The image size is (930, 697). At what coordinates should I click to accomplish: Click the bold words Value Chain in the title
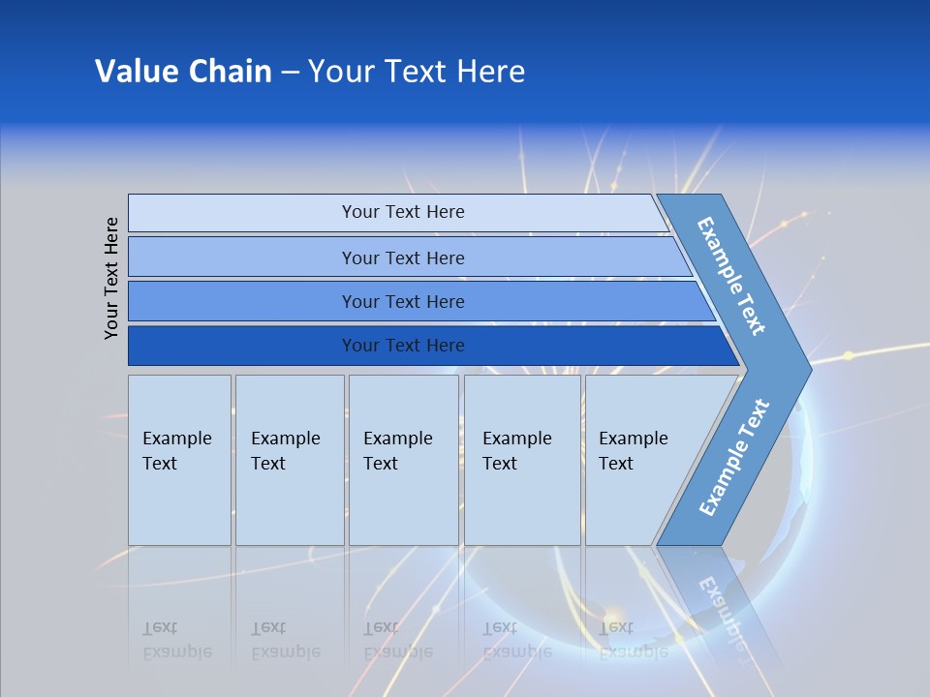pyautogui.click(x=183, y=72)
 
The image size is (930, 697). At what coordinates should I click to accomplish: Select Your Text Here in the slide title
pyautogui.click(x=417, y=72)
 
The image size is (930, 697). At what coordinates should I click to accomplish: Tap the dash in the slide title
pyautogui.click(x=290, y=73)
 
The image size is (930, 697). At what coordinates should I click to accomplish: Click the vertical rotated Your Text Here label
pyautogui.click(x=111, y=278)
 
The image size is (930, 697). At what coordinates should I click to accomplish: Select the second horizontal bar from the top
pyautogui.click(x=403, y=258)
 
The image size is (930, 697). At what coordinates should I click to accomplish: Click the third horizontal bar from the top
pyautogui.click(x=403, y=301)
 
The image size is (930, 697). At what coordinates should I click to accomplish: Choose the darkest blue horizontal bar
pyautogui.click(x=403, y=346)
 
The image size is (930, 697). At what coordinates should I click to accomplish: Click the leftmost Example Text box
pyautogui.click(x=179, y=460)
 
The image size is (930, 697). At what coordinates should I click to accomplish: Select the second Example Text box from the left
pyautogui.click(x=289, y=460)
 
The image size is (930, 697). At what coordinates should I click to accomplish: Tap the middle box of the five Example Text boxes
pyautogui.click(x=403, y=460)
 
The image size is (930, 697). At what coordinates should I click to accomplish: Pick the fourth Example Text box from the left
pyautogui.click(x=522, y=460)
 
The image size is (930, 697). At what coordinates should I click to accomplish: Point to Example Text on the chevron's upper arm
pyautogui.click(x=732, y=277)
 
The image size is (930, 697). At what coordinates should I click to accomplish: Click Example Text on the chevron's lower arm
pyautogui.click(x=734, y=458)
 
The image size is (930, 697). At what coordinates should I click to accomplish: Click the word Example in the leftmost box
pyautogui.click(x=176, y=439)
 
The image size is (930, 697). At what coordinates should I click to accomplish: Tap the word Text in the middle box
pyautogui.click(x=381, y=464)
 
